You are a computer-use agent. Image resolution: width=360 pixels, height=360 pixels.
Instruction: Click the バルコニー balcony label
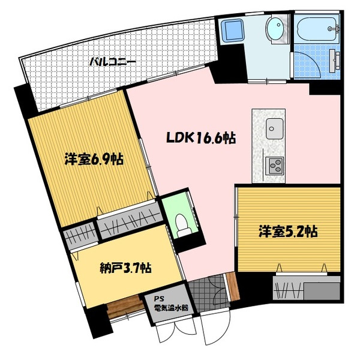(113, 61)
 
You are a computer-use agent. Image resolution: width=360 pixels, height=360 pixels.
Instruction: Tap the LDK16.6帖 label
(200, 139)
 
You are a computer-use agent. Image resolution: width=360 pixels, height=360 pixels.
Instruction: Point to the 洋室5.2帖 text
(288, 231)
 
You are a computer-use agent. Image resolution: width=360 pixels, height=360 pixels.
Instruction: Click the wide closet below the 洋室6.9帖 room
(128, 218)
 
